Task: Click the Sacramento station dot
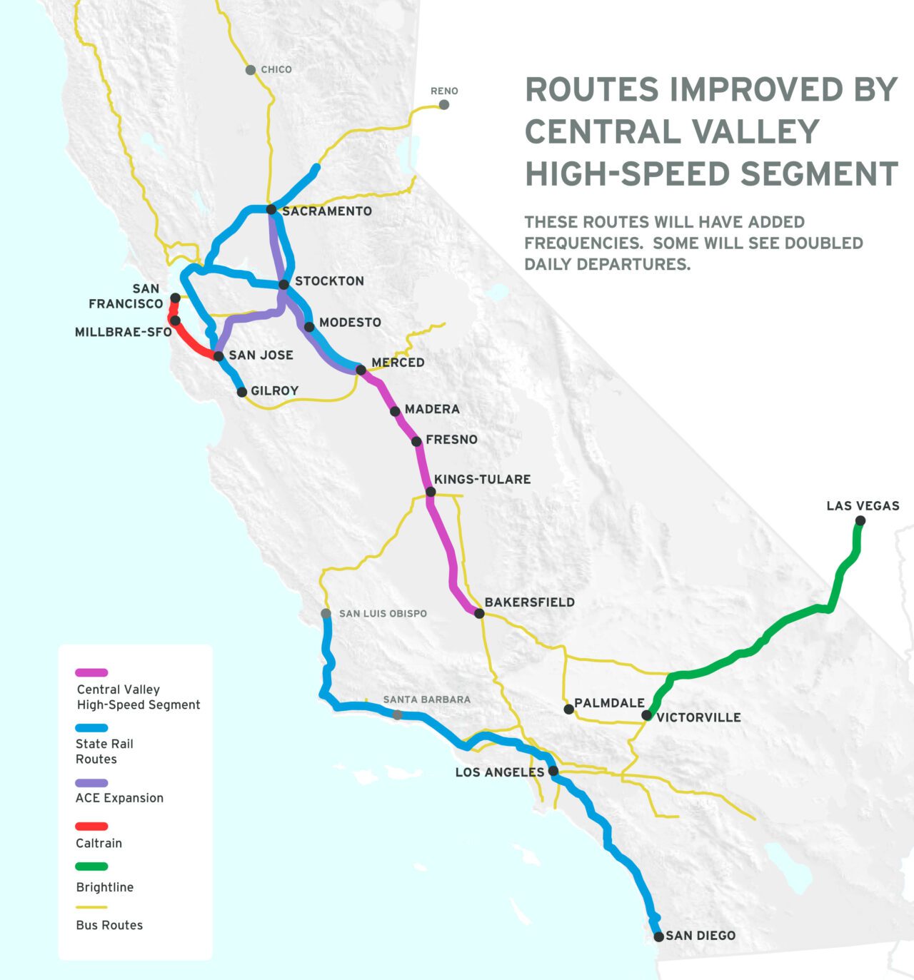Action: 271,209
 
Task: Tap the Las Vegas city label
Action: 863,506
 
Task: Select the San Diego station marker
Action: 659,936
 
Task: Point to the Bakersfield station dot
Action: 479,613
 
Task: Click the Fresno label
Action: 451,440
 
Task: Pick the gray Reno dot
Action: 444,105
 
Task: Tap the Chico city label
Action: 276,70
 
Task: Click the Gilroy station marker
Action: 242,392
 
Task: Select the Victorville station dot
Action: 647,715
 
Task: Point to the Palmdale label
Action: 609,703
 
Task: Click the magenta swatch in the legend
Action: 91,672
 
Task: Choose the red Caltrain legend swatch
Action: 91,827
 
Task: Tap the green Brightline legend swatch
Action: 91,867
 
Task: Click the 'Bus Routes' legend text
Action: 109,925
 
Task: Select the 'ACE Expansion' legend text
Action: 119,798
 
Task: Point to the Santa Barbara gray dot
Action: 398,714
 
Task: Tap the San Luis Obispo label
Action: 383,614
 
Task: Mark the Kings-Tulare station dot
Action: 431,492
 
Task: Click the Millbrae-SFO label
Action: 123,333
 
